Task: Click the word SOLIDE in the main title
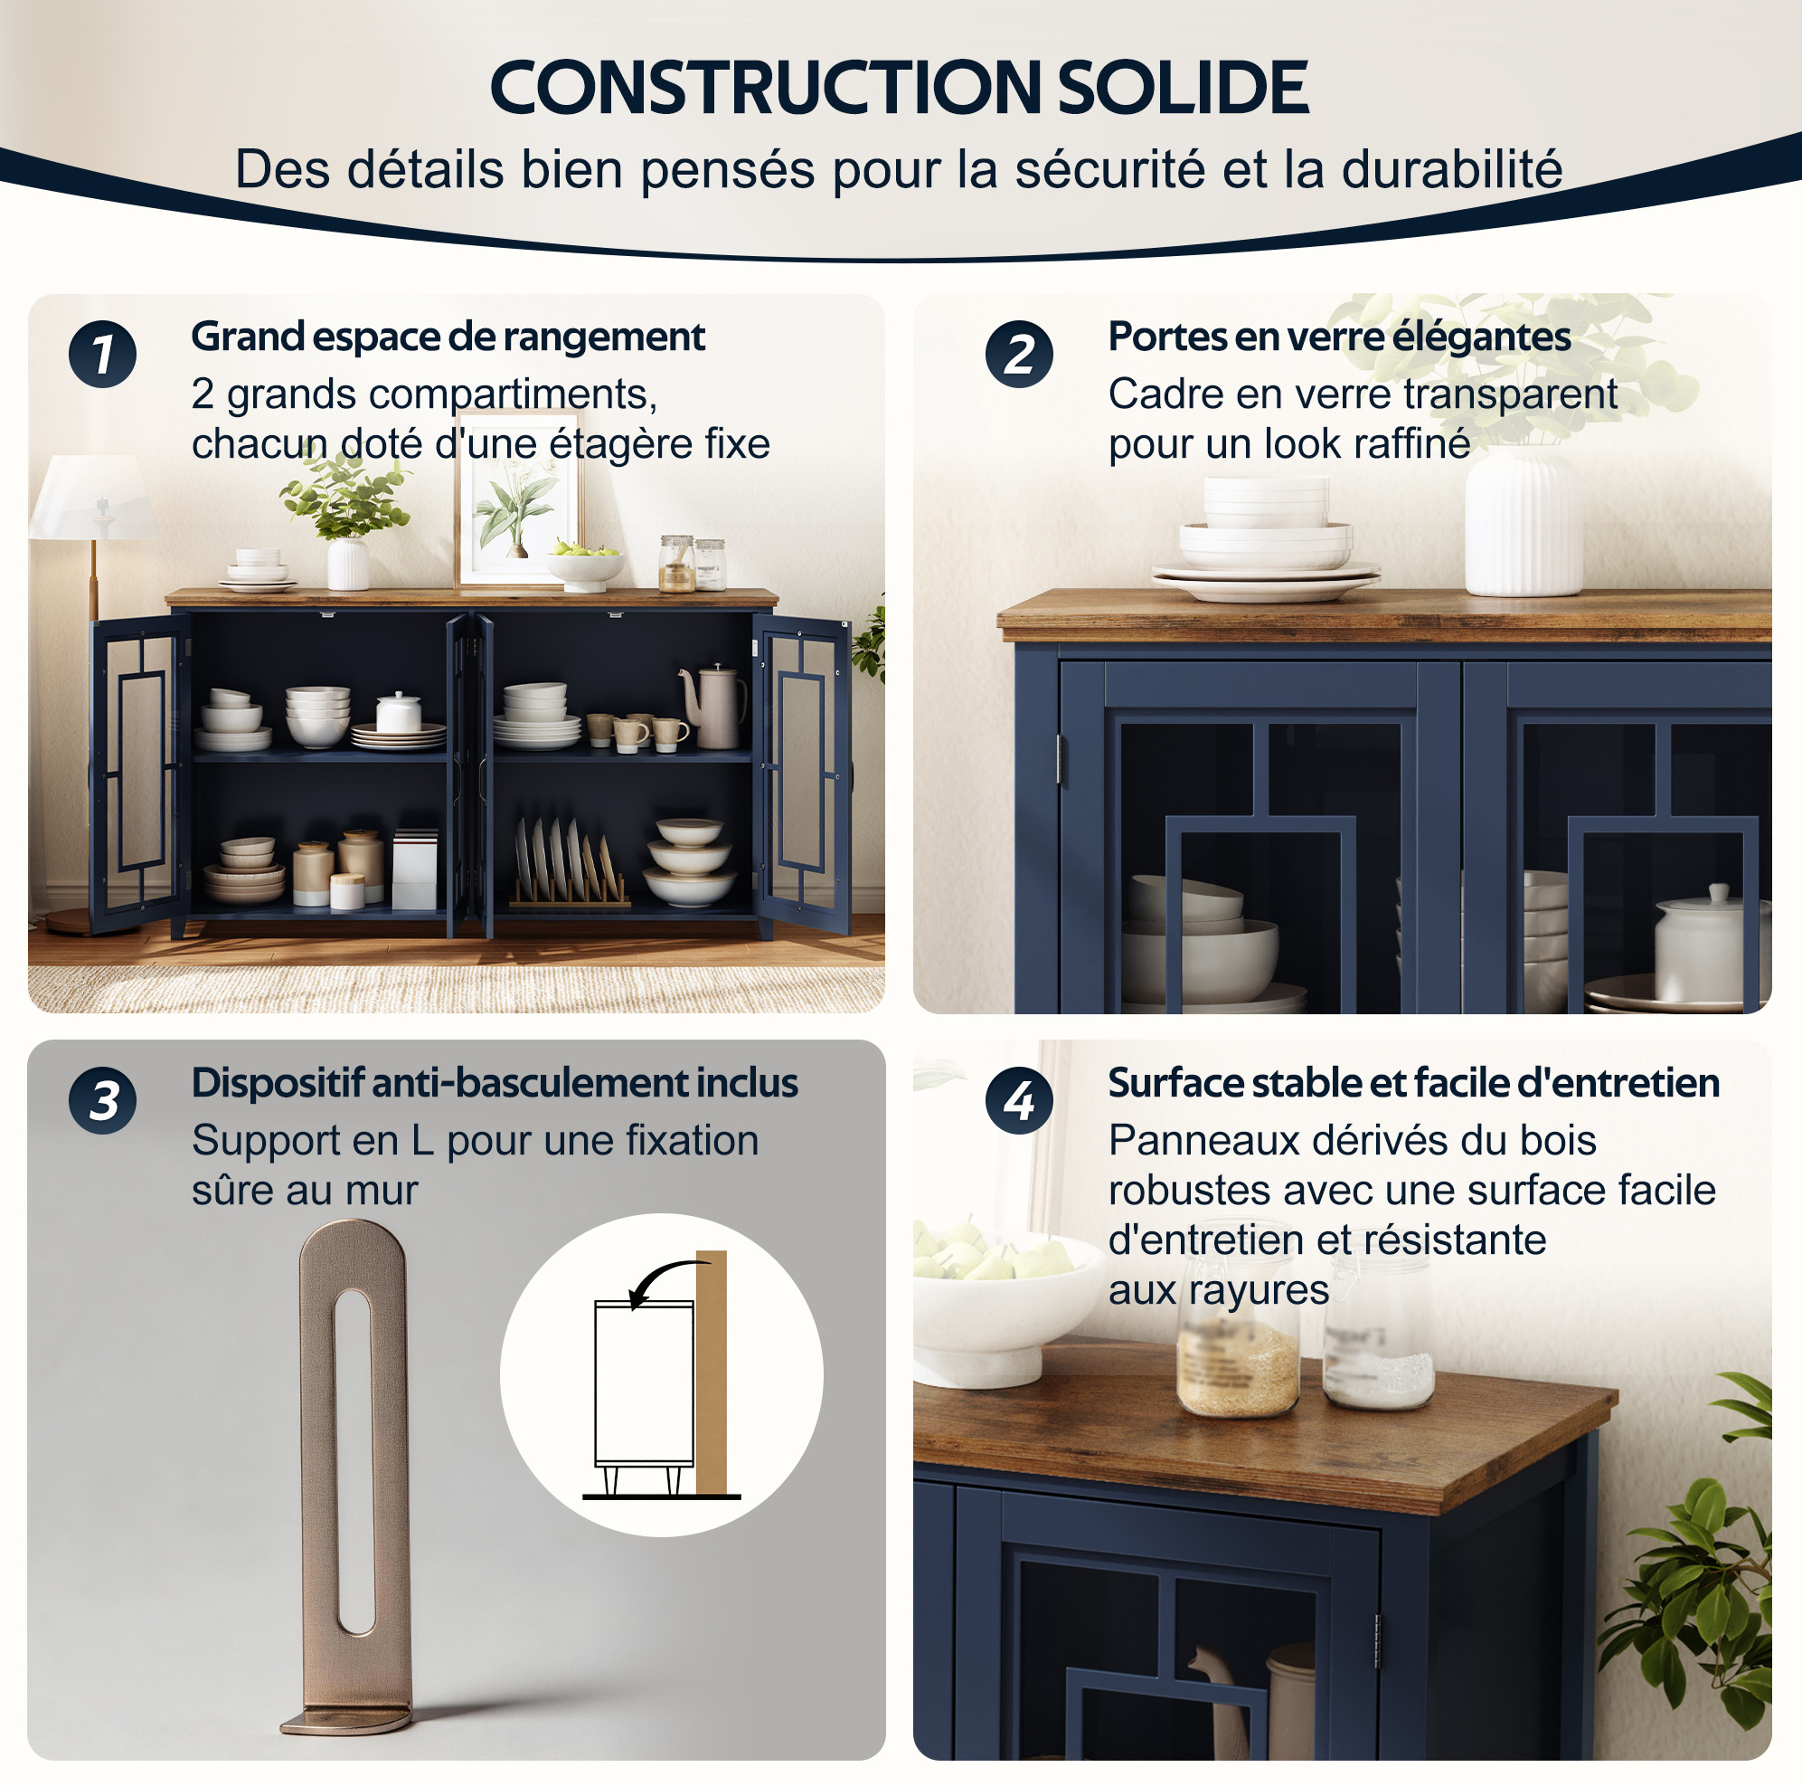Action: [1184, 88]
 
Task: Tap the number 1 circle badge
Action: [102, 355]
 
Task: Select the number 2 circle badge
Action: [1020, 355]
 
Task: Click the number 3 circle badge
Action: [102, 1101]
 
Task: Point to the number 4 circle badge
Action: [1020, 1101]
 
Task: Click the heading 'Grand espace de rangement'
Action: [448, 337]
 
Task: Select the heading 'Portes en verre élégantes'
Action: [1339, 337]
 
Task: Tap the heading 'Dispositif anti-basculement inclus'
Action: [495, 1083]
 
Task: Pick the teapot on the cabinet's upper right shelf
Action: [713, 707]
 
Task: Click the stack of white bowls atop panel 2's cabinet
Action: [1266, 538]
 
